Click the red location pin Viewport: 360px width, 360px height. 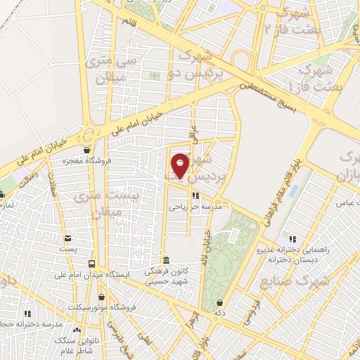181,165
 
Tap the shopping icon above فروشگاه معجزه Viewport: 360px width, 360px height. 86,150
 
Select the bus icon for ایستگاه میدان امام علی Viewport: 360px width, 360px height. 91,264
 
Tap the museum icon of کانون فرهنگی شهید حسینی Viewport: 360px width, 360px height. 166,259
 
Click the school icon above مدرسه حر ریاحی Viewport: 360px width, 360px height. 195,196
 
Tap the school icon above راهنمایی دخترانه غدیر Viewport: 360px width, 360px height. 292,239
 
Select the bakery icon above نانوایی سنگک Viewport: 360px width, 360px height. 77,329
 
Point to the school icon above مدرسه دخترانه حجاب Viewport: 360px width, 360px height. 28,314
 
